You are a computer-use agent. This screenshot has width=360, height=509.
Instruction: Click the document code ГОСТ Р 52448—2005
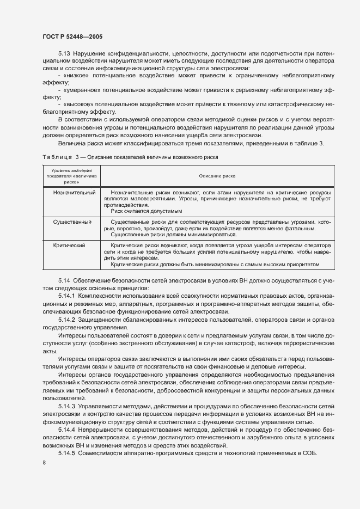(72, 36)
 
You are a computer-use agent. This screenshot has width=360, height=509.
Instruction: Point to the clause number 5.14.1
(68, 295)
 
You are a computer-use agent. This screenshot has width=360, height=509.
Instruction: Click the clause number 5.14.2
(68, 319)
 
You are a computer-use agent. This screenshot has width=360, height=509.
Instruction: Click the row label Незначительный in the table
(75, 193)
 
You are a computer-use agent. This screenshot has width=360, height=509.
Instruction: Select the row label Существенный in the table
(72, 222)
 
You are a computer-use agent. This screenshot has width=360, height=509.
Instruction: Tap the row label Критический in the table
(70, 246)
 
